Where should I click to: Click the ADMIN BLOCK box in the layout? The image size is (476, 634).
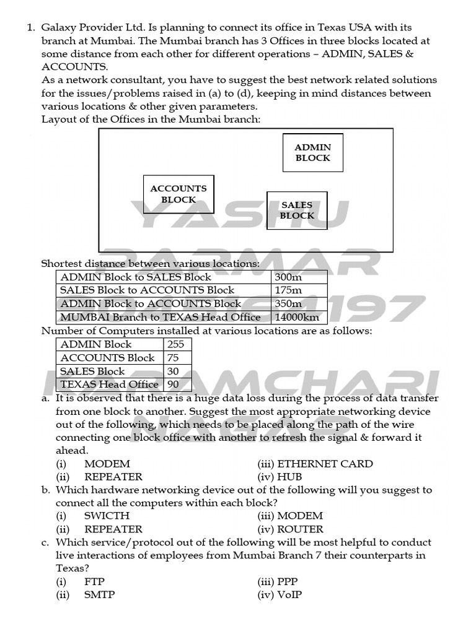312,152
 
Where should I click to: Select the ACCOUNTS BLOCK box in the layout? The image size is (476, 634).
178,194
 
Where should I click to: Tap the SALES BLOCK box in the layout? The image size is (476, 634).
297,211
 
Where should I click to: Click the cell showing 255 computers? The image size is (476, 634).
177,344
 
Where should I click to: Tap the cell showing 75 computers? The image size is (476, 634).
177,358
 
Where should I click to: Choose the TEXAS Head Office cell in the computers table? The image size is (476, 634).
110,384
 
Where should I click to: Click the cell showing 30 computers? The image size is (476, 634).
177,371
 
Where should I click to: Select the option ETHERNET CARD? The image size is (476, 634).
325,464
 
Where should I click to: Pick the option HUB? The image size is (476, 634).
289,477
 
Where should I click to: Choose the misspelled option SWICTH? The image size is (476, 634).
107,516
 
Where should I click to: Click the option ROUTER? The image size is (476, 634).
300,529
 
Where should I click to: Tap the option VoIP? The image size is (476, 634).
289,595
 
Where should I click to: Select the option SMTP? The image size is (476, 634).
100,595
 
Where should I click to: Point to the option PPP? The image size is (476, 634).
288,582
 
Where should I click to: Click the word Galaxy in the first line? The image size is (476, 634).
59,28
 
